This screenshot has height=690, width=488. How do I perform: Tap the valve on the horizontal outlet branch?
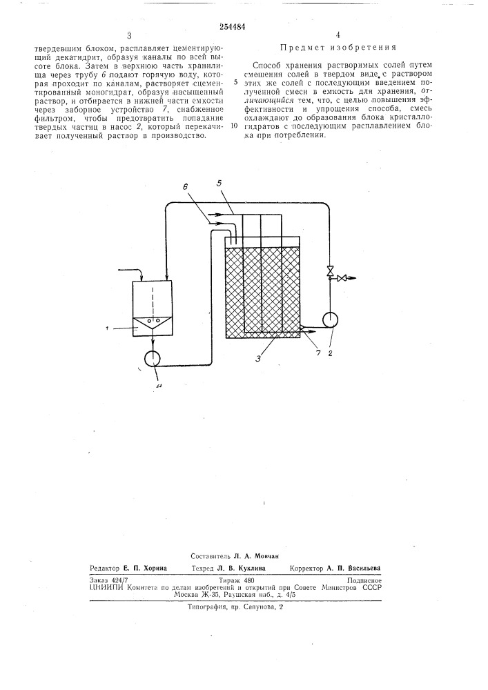(x=342, y=278)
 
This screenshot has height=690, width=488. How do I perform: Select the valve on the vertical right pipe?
(x=329, y=269)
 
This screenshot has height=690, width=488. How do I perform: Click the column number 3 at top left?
(x=128, y=34)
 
